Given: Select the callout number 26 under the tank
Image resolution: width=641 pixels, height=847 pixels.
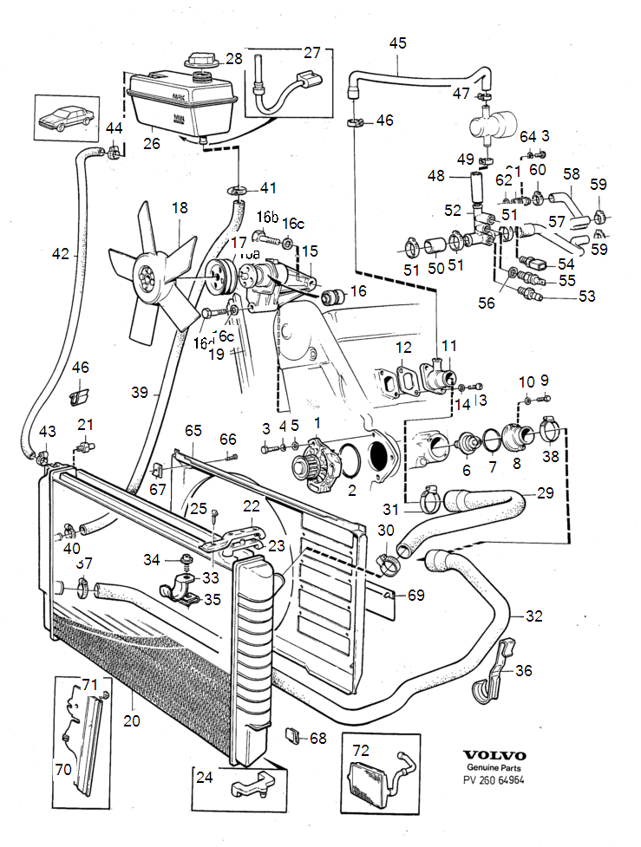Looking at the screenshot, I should coord(152,144).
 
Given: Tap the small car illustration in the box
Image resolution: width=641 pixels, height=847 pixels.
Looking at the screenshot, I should coord(64,116).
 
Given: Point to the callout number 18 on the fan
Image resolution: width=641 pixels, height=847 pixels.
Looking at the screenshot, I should coord(180,208).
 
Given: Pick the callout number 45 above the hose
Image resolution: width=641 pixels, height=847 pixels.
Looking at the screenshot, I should coord(397,42).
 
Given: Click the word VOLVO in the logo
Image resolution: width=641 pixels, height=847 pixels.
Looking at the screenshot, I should coord(494,754).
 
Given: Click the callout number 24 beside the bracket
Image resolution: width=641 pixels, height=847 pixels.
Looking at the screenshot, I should coord(205,778).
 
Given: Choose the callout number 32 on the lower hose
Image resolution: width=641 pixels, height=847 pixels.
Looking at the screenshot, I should coord(533,616).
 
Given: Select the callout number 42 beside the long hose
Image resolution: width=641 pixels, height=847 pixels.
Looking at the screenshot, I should coord(60,254).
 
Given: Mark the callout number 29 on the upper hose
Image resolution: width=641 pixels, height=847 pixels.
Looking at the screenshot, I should coord(545,492).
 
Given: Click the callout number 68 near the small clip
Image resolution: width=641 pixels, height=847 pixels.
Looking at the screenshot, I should coord(318,738).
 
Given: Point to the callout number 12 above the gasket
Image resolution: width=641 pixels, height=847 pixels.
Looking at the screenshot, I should coord(403,348).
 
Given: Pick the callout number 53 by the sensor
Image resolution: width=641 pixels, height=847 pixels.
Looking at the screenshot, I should coord(587,297).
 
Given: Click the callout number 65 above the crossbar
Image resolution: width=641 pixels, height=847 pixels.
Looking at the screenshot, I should coord(193,430).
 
